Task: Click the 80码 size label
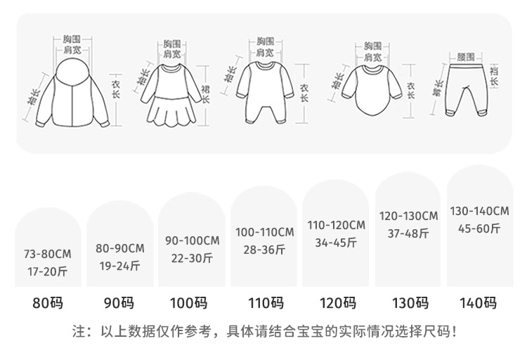coord(48,304)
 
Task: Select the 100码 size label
coord(188,304)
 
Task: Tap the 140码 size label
coord(478,304)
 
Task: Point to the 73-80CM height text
coord(47,252)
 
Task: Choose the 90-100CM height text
coord(192,240)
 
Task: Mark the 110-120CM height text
coord(337,226)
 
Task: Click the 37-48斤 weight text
coord(408,232)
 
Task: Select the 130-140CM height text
coord(480,211)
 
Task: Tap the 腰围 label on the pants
coord(466,56)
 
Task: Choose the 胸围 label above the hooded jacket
coord(72,37)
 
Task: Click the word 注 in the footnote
coord(78,331)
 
